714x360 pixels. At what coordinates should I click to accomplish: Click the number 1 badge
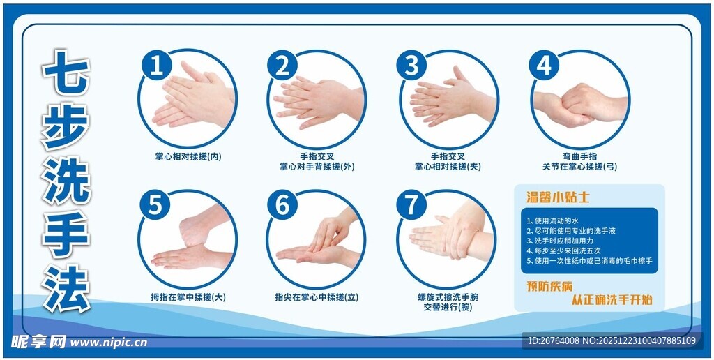(157, 66)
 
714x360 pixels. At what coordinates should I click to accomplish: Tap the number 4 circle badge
(544, 66)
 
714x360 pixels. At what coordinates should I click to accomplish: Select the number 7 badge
(411, 205)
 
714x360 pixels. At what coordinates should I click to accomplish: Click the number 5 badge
(155, 205)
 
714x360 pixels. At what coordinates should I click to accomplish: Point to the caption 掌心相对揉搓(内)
(188, 156)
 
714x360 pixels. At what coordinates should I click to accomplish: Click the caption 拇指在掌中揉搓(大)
(188, 297)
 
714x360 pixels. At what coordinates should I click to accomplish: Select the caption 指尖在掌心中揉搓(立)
(317, 297)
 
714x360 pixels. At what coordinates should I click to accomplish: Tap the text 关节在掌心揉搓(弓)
(579, 167)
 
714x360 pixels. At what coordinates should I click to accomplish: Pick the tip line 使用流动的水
(549, 220)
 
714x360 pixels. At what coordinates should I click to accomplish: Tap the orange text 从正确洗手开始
(612, 300)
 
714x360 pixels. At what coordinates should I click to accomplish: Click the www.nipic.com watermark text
(109, 343)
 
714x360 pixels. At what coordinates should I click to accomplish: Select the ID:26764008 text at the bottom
(555, 341)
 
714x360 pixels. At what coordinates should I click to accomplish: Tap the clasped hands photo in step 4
(581, 105)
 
